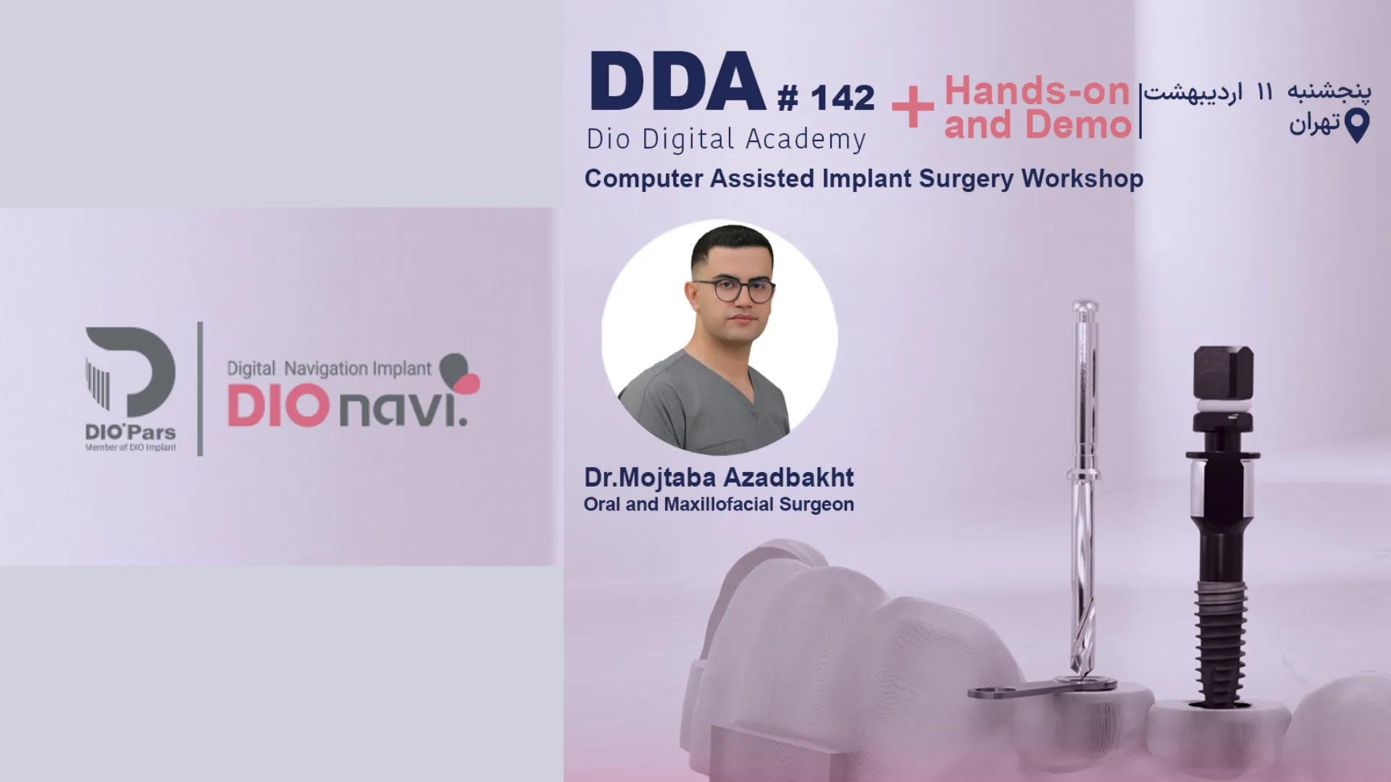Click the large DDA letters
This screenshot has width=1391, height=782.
coord(677,81)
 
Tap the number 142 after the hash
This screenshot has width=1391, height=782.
coord(843,98)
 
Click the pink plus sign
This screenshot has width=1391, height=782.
coord(913,107)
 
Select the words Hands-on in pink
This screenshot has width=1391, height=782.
coord(1037,91)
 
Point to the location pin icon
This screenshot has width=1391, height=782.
coord(1357,125)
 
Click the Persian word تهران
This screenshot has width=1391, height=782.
coord(1314,124)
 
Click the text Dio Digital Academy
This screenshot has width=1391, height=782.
coord(726,140)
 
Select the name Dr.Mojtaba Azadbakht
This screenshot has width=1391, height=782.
coord(719,478)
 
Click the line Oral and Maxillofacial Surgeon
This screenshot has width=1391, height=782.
coord(719,505)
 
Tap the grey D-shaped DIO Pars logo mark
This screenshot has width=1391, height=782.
coord(130,372)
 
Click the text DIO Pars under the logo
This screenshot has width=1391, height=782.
coord(130,432)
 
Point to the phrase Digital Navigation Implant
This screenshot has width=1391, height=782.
coord(329,369)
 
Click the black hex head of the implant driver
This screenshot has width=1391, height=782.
coord(1223,373)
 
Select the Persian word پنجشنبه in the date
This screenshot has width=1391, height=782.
coord(1329,92)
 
